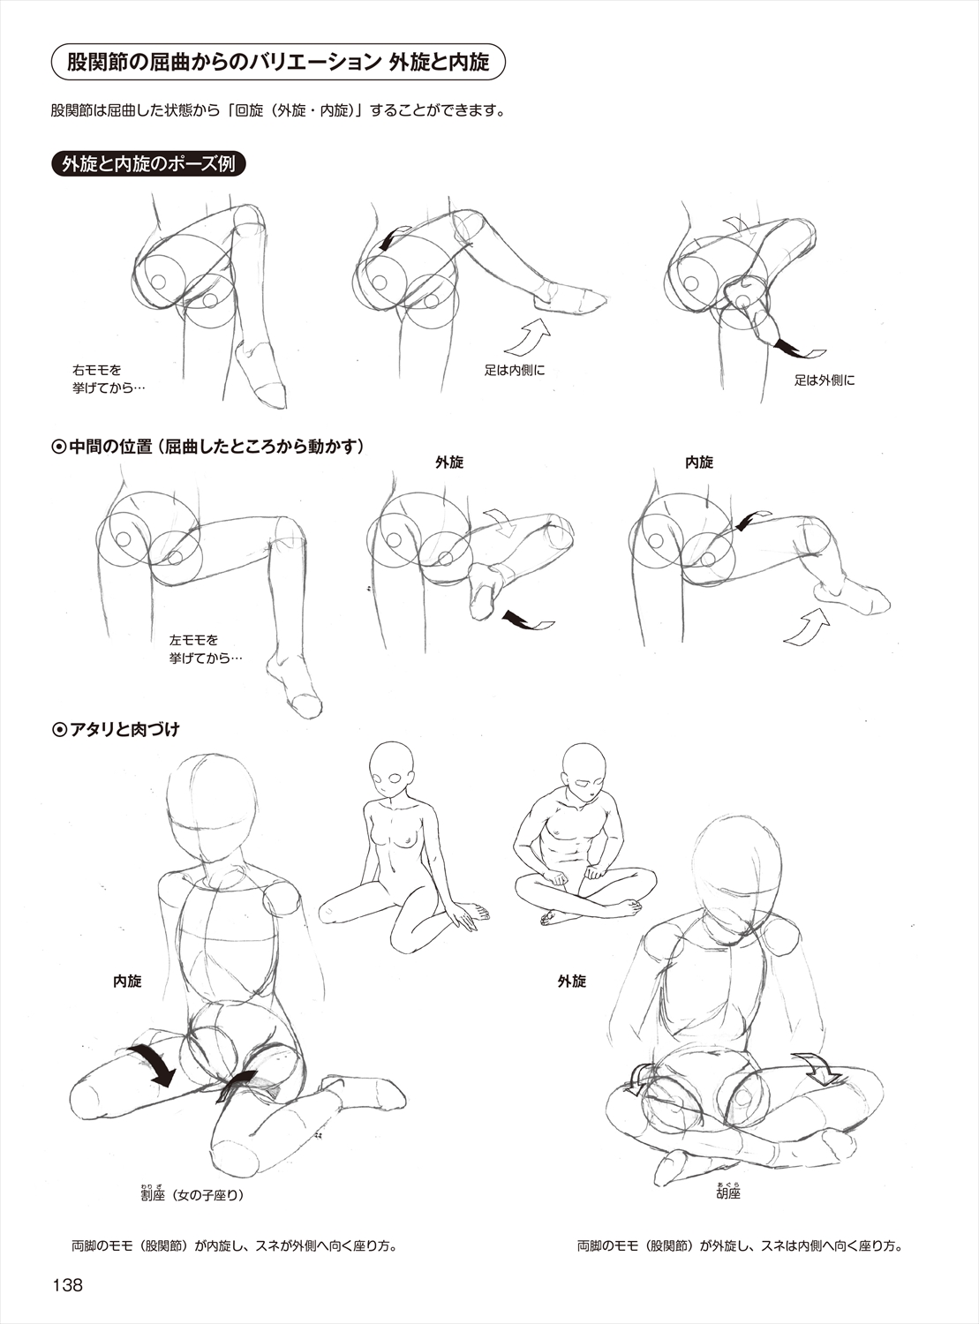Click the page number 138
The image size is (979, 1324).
(x=67, y=1283)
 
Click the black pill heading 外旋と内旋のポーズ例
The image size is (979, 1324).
(x=148, y=164)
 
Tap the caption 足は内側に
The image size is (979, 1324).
(x=515, y=371)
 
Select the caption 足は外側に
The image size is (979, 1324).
(x=825, y=380)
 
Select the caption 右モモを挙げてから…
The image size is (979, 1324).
(x=109, y=380)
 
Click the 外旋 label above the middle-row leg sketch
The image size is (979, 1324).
(x=449, y=462)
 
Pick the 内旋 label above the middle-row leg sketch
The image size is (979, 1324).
(x=699, y=462)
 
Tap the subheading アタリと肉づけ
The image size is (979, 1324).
(x=117, y=729)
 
